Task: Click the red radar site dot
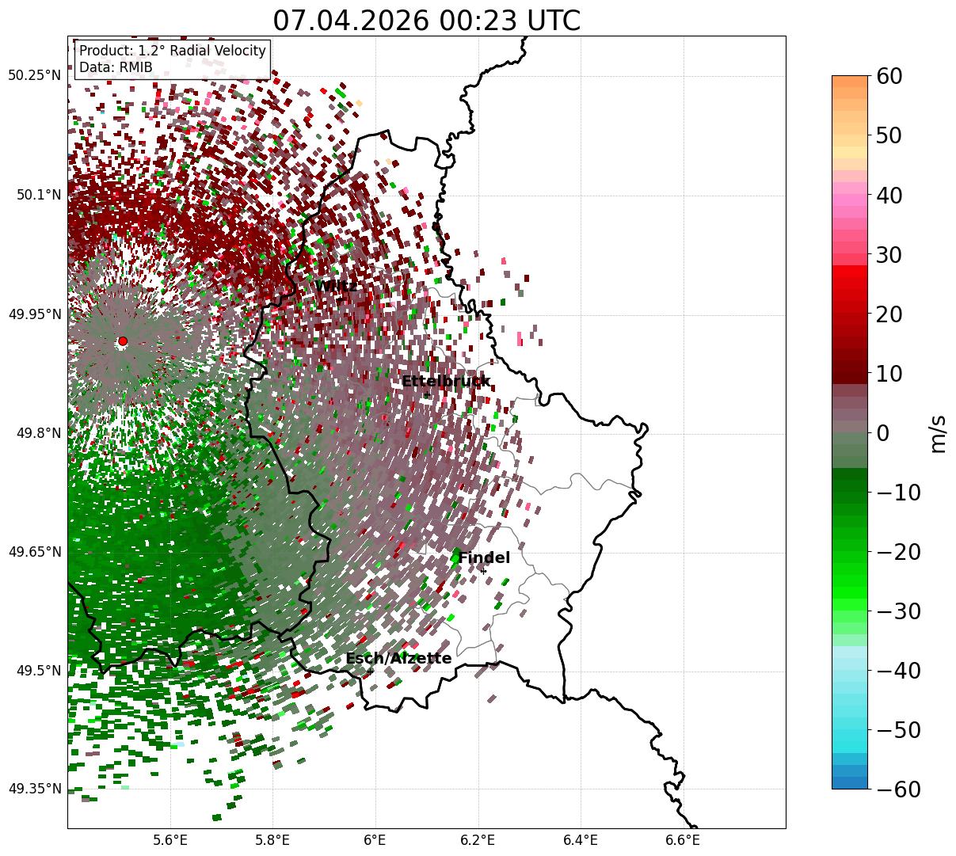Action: (123, 340)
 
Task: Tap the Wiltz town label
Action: (336, 286)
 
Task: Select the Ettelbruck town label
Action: (446, 381)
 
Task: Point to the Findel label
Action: (484, 557)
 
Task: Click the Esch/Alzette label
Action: (398, 658)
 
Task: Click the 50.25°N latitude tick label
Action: (34, 75)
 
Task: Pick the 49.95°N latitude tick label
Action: (34, 314)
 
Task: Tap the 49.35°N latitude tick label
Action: (34, 789)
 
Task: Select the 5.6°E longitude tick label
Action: (170, 840)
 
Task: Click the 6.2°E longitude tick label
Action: (478, 840)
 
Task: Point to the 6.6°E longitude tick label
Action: (683, 840)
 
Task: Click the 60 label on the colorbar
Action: (889, 76)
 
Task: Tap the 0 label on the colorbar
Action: (883, 433)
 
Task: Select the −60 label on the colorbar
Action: (898, 789)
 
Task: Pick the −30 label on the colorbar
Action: (898, 611)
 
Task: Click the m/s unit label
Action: (938, 434)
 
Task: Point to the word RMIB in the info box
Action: (136, 67)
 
